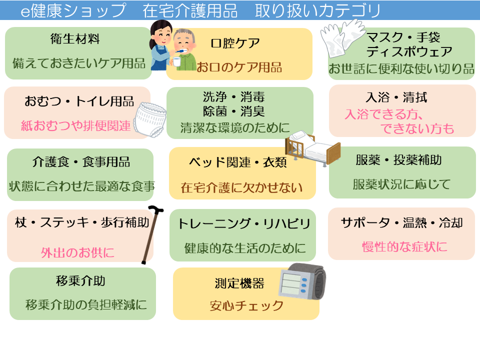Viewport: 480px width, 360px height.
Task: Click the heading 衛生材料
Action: pyautogui.click(x=75, y=38)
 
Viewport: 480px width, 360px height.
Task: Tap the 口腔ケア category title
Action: pyautogui.click(x=235, y=43)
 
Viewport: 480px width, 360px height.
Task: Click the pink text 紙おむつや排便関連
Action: pyautogui.click(x=75, y=125)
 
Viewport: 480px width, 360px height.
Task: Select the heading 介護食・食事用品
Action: pyautogui.click(x=81, y=162)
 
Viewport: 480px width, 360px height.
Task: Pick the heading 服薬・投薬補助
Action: pyautogui.click(x=398, y=160)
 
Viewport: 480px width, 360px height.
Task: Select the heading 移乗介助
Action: pyautogui.click(x=81, y=280)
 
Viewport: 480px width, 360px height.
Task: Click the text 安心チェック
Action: pyautogui.click(x=246, y=305)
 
